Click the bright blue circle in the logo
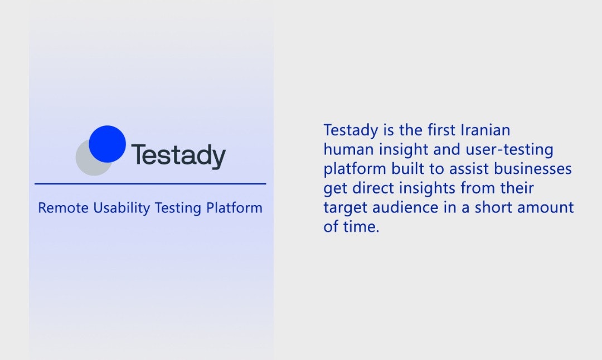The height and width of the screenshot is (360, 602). (108, 144)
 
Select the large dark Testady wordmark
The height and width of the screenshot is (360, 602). (178, 156)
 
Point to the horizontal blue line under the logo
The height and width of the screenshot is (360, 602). (151, 183)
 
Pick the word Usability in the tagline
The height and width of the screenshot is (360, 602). (122, 208)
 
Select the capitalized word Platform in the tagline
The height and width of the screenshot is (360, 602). (234, 208)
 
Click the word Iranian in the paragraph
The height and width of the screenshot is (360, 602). (486, 130)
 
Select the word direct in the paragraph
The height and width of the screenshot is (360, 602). (373, 188)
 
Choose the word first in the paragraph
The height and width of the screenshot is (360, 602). (442, 130)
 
